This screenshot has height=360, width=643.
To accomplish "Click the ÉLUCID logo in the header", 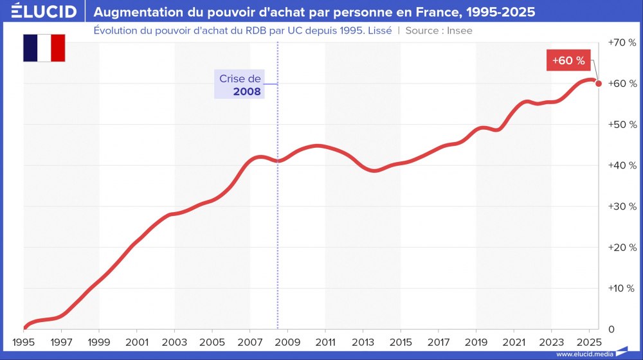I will (44, 12).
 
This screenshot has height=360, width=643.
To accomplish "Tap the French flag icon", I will (44, 48).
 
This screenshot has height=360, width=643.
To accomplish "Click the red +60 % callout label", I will (568, 61).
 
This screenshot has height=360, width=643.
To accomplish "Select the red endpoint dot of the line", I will (599, 83).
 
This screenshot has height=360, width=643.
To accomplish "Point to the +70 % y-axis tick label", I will (622, 42).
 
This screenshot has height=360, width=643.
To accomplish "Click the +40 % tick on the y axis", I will (622, 165).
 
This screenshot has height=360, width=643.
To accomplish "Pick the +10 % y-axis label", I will (622, 288).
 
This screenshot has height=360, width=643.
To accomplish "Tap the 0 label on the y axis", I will (611, 329).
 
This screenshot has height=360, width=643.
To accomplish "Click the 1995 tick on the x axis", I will (24, 341).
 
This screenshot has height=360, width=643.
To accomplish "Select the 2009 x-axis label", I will (288, 341).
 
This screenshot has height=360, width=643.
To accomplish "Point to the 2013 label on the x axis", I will (363, 341).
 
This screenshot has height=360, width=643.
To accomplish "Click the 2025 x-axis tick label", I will (590, 341).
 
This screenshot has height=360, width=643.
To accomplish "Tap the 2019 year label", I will (476, 341).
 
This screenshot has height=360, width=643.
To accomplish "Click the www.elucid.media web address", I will (584, 354).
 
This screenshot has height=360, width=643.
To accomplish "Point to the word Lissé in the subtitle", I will (378, 30).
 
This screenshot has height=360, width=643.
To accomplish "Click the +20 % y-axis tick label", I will (622, 248).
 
